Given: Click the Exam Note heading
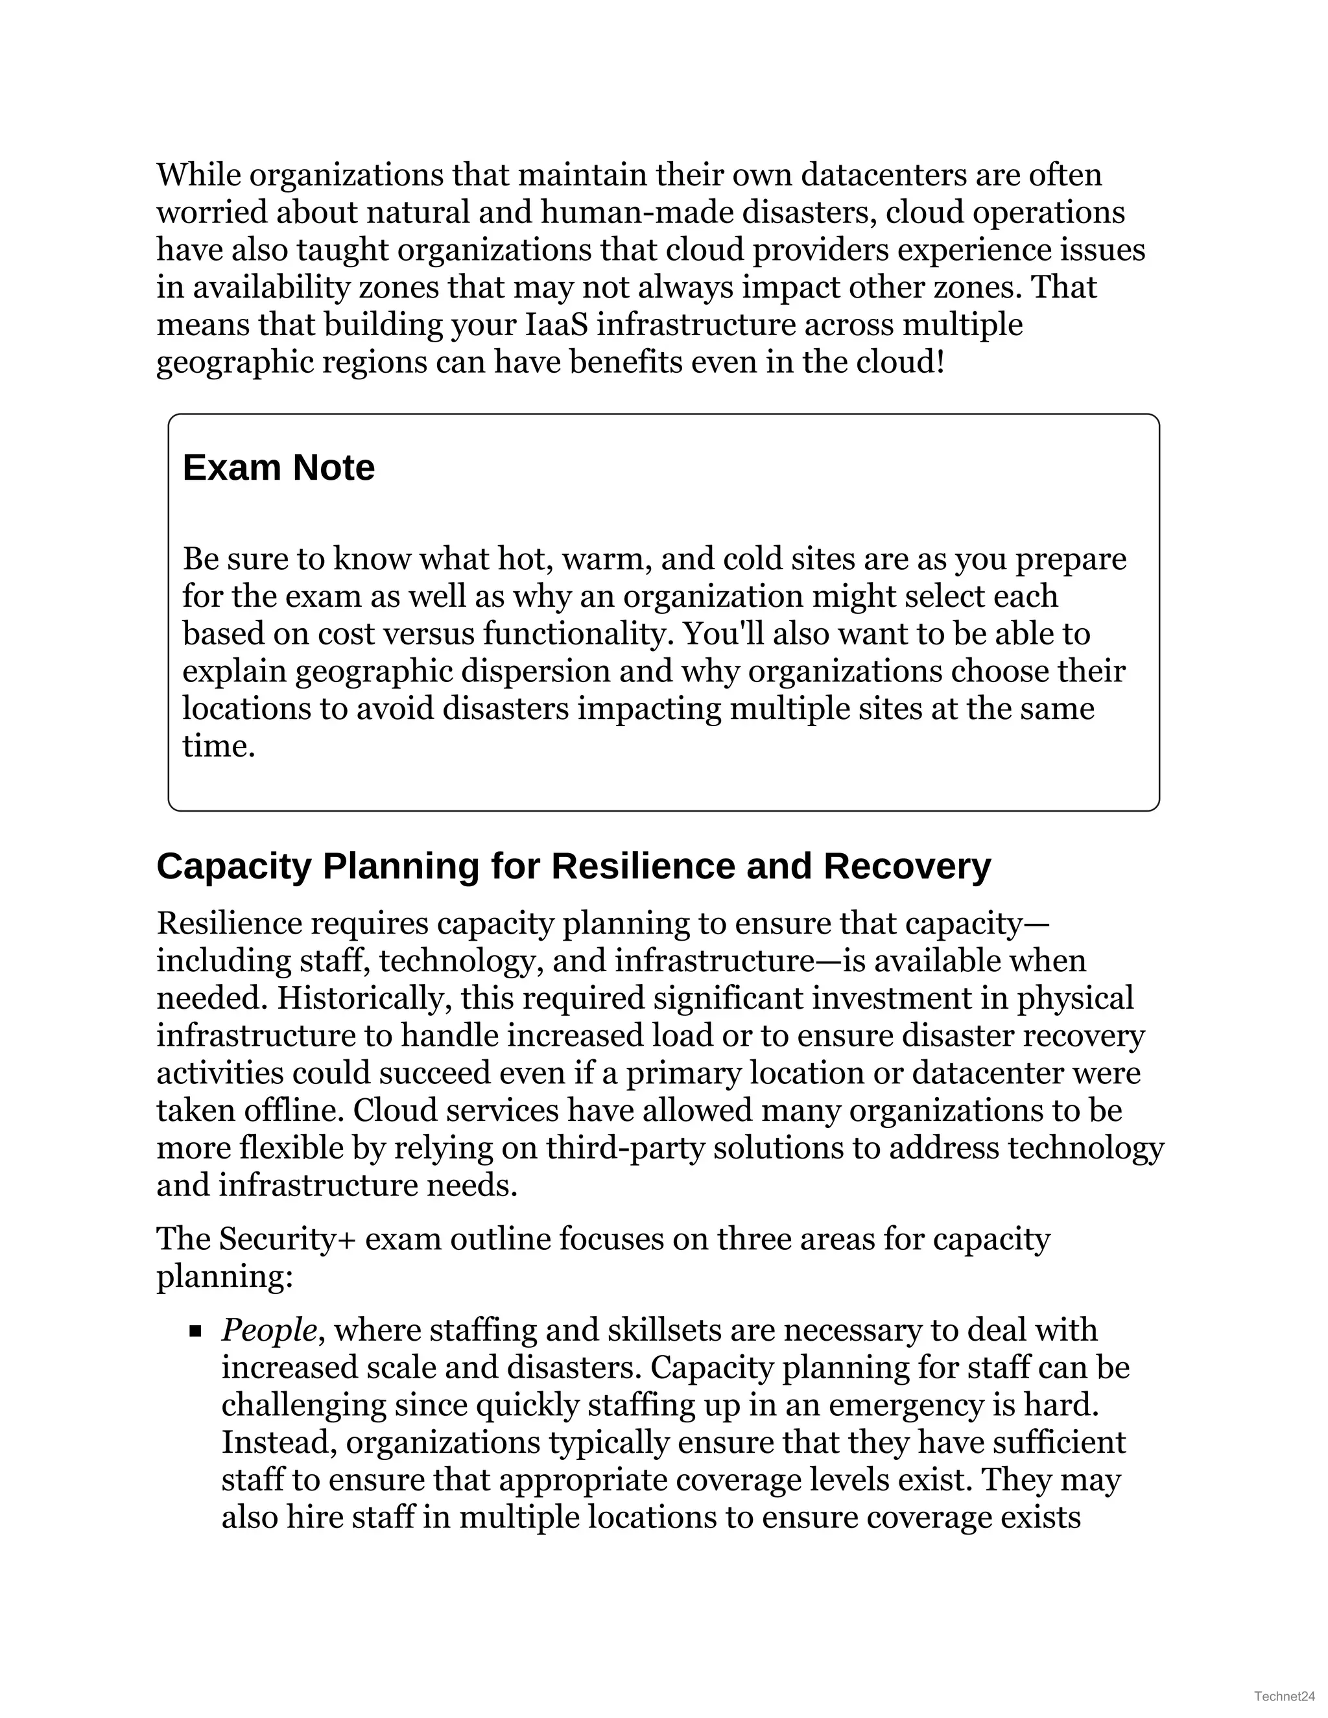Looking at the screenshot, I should [278, 468].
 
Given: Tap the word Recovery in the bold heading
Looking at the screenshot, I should [907, 867].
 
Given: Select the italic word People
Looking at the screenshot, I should [269, 1330].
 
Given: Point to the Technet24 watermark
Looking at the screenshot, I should [1285, 1695].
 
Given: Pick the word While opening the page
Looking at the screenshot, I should [198, 174].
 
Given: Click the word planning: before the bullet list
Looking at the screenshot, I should [224, 1276].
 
